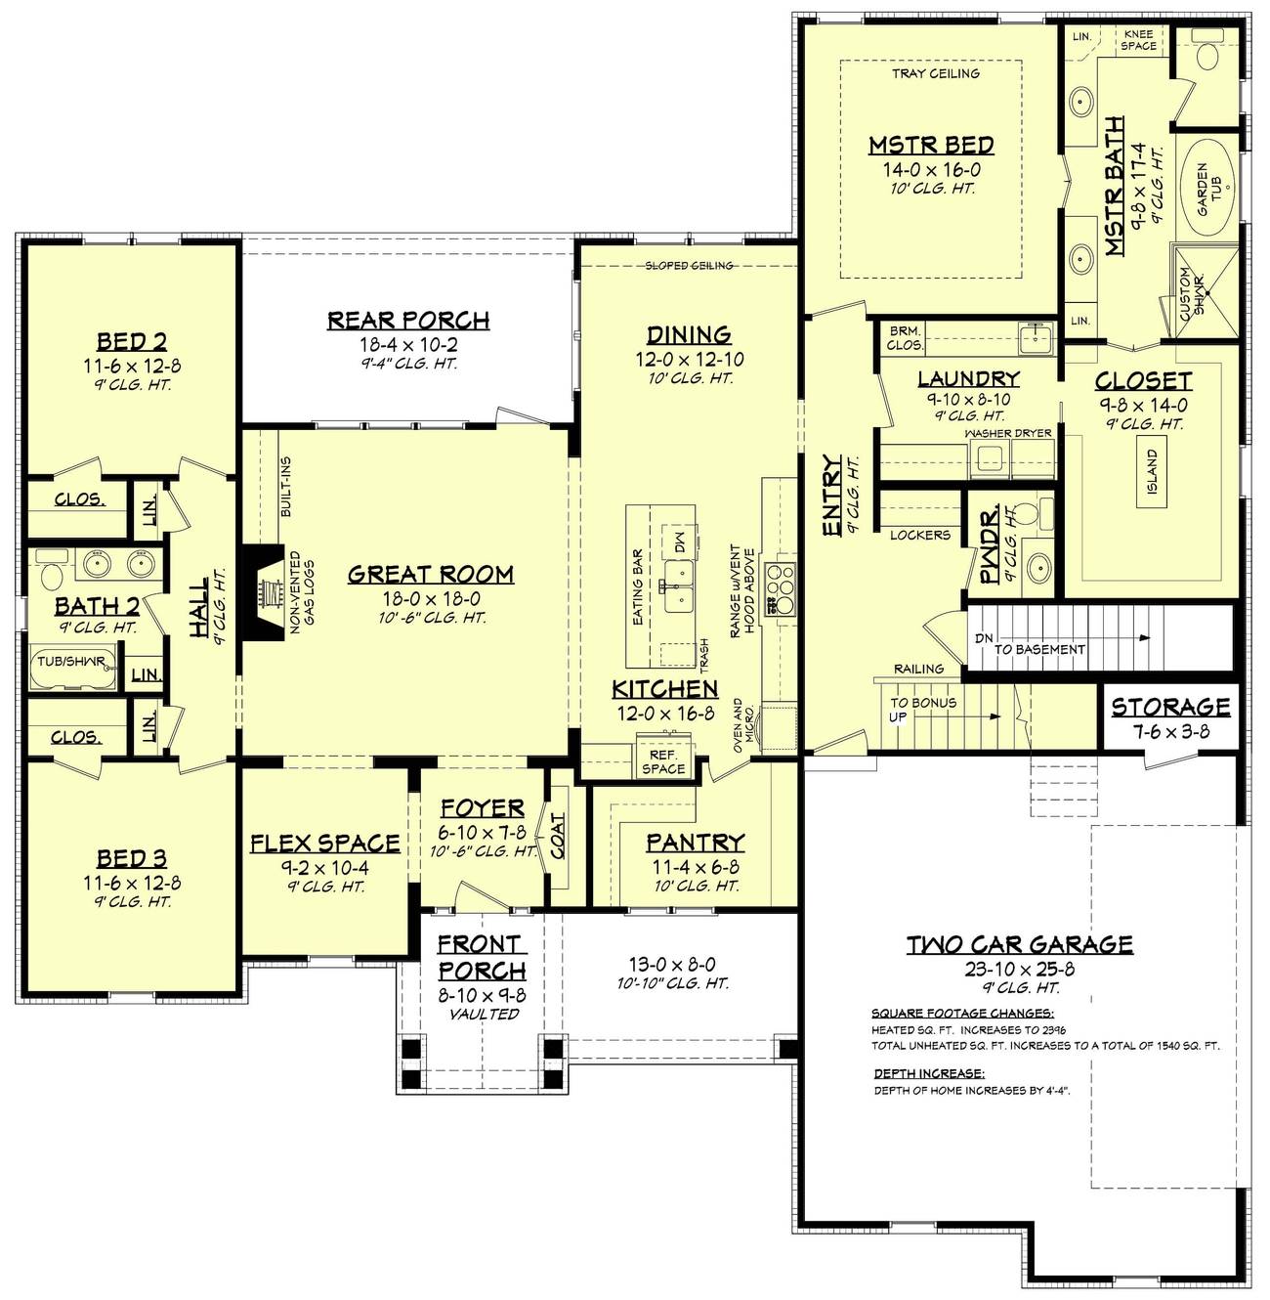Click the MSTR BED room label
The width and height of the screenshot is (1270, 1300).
[931, 147]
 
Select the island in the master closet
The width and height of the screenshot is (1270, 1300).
[1152, 471]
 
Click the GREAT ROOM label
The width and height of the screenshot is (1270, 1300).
[430, 575]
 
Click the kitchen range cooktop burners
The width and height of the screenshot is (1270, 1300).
[782, 587]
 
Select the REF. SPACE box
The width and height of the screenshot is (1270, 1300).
[664, 755]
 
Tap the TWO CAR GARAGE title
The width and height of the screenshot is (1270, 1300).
[1019, 944]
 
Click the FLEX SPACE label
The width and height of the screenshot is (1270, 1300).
[325, 844]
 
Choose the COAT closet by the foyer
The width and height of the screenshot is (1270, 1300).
[559, 837]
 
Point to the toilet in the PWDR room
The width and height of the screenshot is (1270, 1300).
[1025, 514]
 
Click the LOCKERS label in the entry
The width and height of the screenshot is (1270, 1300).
[919, 535]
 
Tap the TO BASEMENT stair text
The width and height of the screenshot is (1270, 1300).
[1039, 649]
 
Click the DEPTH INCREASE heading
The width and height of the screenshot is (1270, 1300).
[929, 1073]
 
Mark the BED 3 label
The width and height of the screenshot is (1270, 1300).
[131, 859]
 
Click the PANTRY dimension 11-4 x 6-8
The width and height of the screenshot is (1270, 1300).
[696, 866]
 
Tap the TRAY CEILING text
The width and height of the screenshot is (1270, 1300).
[935, 73]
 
